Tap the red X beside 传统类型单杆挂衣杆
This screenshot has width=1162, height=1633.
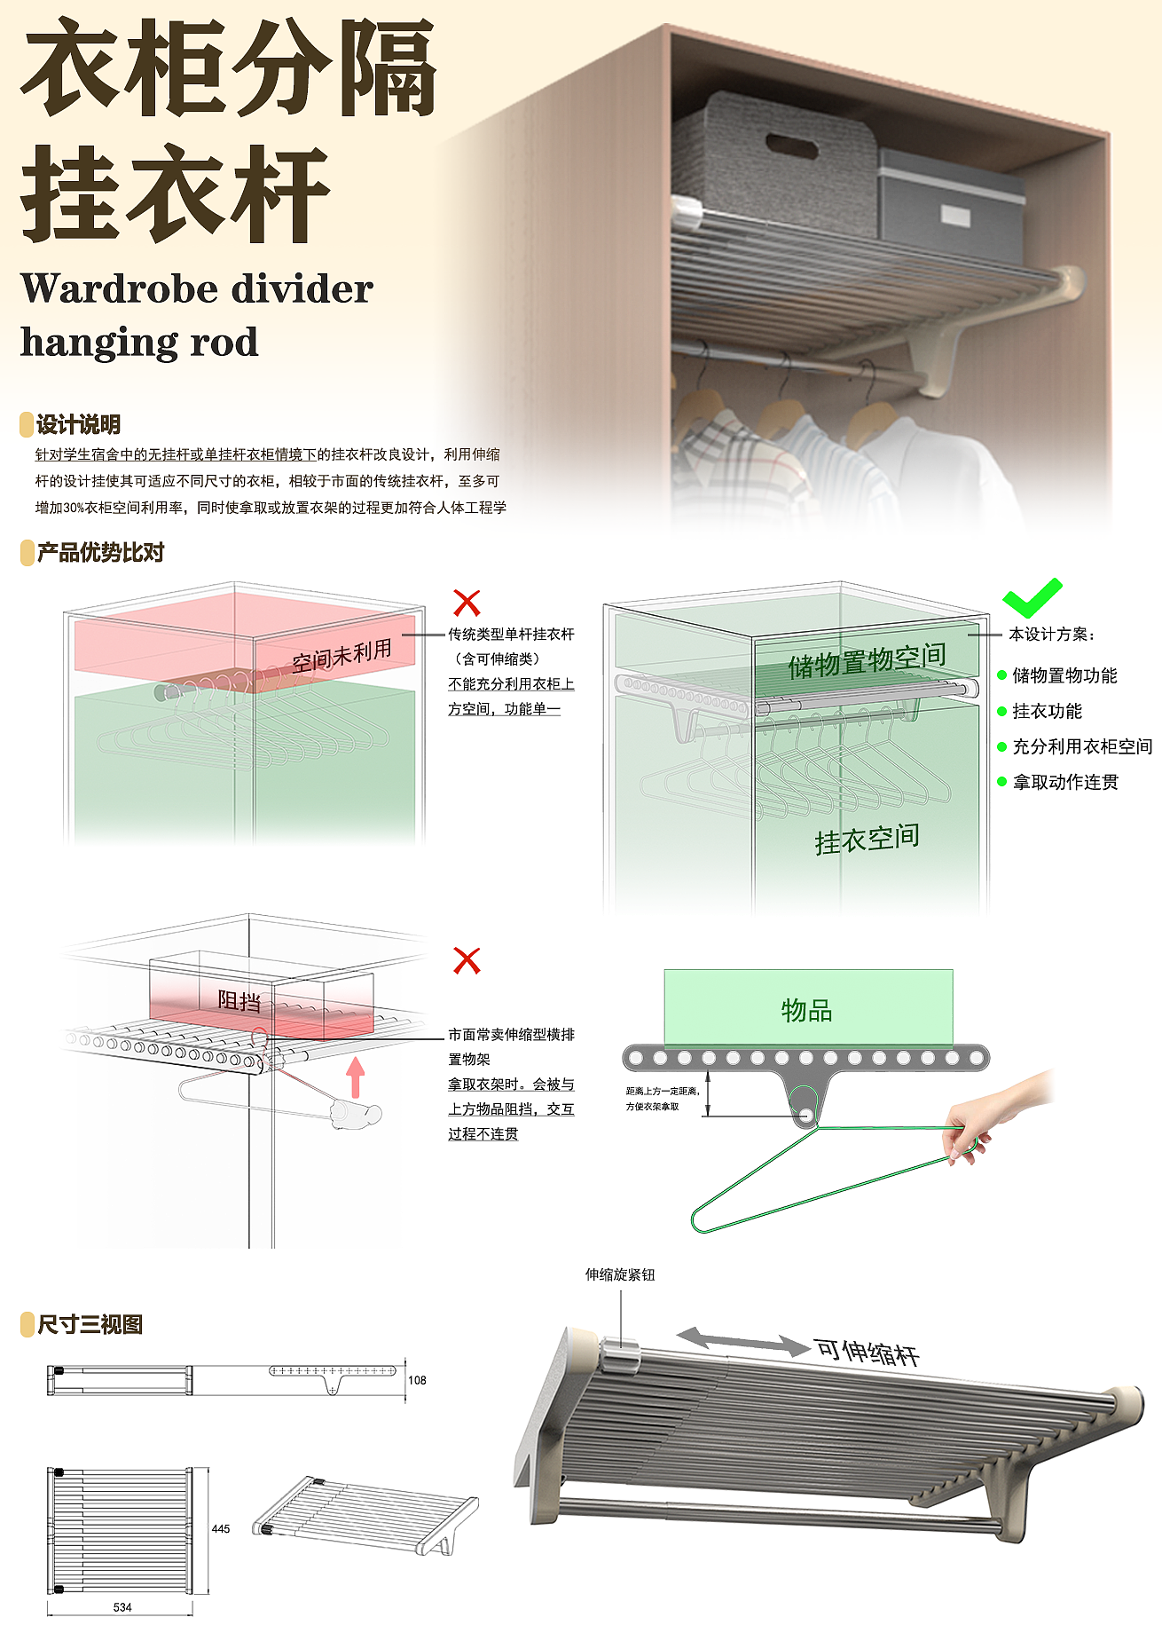click(467, 603)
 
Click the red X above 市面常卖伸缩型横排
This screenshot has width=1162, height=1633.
click(467, 960)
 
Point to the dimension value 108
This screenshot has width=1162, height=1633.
click(417, 1380)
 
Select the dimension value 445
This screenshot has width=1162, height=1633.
click(221, 1528)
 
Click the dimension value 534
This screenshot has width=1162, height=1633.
click(122, 1607)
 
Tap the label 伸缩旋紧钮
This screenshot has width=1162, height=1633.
click(620, 1274)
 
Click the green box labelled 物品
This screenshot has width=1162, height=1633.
click(807, 1008)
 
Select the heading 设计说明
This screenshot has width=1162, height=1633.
click(78, 424)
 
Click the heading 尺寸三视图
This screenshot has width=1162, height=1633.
click(90, 1324)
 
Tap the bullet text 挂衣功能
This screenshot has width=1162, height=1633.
click(1048, 711)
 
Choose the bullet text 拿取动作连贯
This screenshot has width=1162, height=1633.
click(1065, 782)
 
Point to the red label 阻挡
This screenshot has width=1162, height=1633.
click(239, 1001)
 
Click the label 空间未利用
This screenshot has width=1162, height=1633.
click(342, 655)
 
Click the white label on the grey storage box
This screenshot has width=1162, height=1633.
click(954, 216)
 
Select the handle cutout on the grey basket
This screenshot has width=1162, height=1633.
click(792, 146)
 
